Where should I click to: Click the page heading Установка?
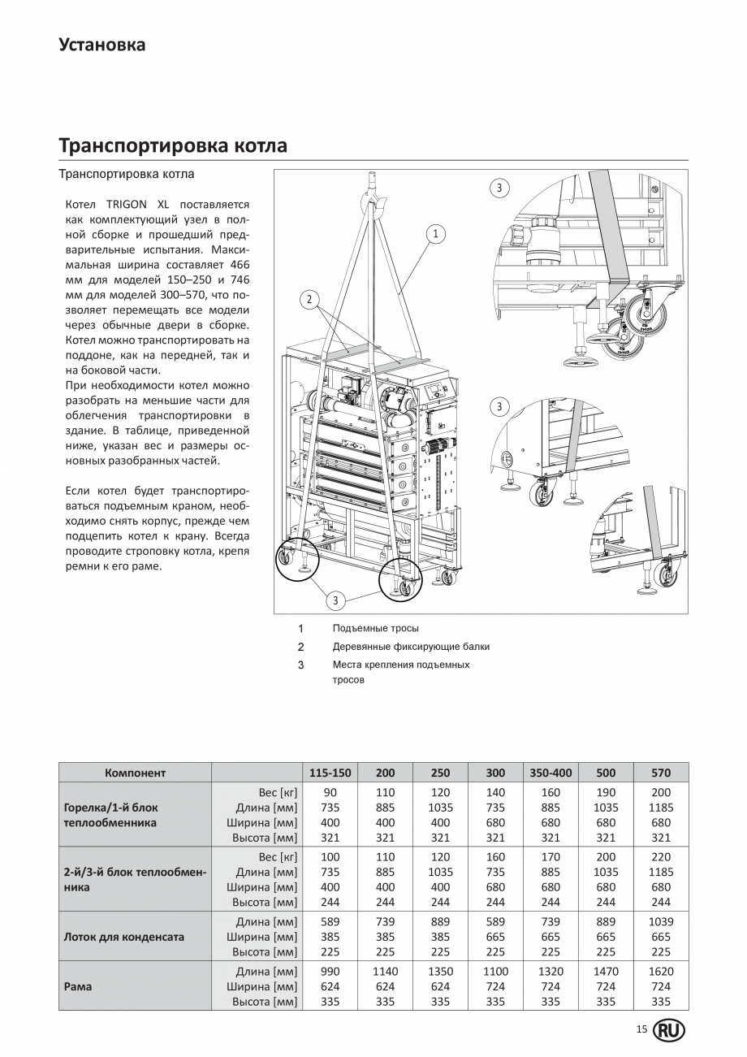(101, 45)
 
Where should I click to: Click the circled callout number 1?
(435, 234)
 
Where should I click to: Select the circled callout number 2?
(309, 299)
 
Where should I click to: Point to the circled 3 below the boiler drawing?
(335, 600)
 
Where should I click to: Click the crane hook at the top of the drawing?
(373, 194)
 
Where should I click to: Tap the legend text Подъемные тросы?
(375, 628)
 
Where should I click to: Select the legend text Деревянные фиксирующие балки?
(411, 647)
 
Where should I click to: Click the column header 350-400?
(551, 773)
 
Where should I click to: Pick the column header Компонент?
(135, 773)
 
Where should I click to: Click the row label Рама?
(78, 986)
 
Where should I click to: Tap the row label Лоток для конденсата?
(123, 937)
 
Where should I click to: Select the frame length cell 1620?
(660, 972)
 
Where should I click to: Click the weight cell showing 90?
(330, 793)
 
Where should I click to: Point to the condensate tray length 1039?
(660, 922)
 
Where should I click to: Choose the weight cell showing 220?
(660, 856)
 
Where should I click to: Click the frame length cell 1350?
(440, 972)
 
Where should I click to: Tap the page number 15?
(641, 1030)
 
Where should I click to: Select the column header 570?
(660, 773)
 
